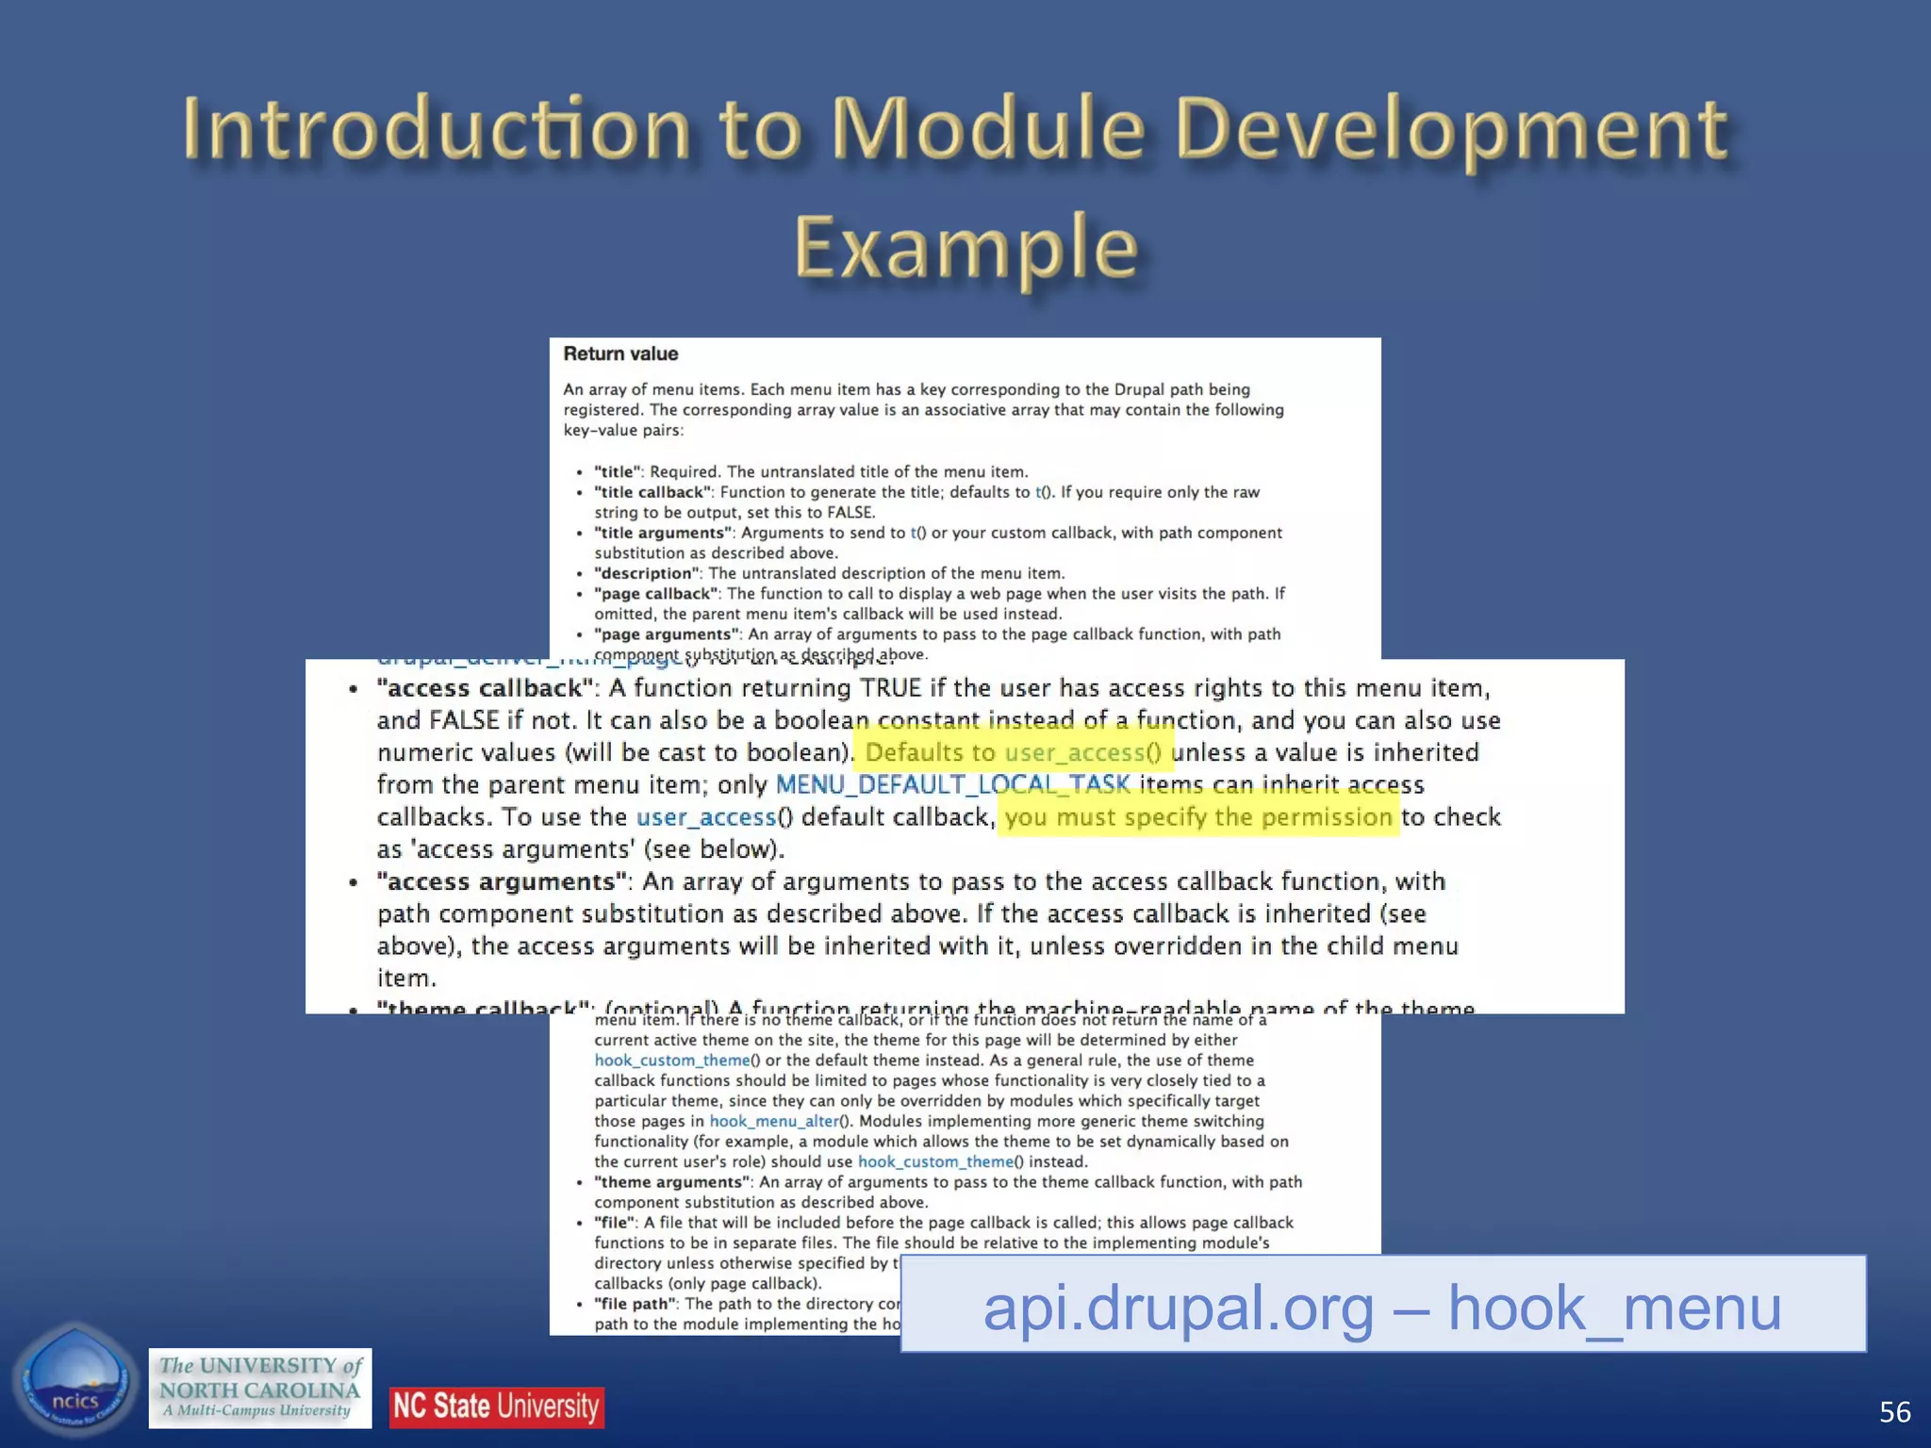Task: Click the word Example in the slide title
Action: [x=965, y=247]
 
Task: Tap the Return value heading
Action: [x=620, y=354]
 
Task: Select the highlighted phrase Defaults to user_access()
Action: [x=1013, y=752]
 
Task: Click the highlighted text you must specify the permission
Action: [x=1197, y=816]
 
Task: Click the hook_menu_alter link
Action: [x=773, y=1121]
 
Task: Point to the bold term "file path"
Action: [x=635, y=1304]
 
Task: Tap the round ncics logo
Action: [x=74, y=1382]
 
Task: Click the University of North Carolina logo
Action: [x=259, y=1388]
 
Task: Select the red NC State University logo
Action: [x=496, y=1407]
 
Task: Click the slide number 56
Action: [x=1894, y=1411]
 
